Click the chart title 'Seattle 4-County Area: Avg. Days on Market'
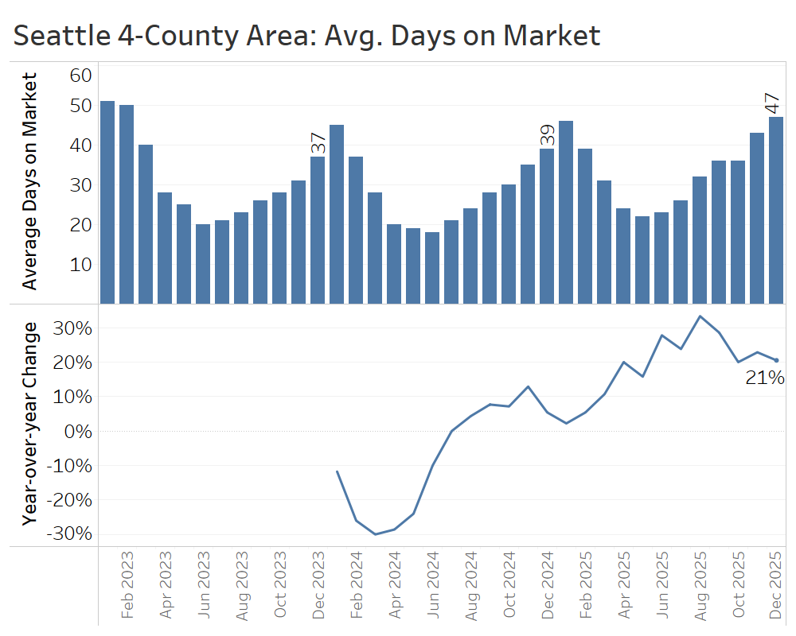pos(306,35)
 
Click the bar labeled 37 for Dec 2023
pos(318,231)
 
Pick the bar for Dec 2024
pos(547,227)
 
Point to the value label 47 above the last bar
pos(772,104)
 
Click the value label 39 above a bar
pos(547,135)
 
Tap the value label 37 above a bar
pos(318,143)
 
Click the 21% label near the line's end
pos(765,378)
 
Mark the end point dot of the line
pos(776,360)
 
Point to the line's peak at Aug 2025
pos(700,316)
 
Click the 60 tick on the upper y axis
pos(81,76)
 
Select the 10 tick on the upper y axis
pos(81,264)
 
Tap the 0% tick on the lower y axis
pos(76,431)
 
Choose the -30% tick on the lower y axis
pos(70,533)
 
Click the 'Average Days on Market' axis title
pos(29,181)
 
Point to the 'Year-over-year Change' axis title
pos(29,423)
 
